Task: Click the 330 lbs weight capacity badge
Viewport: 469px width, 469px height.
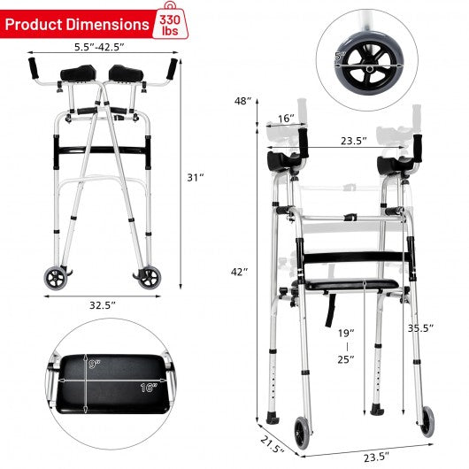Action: [x=170, y=24]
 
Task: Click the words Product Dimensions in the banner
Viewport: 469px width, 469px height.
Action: [x=77, y=24]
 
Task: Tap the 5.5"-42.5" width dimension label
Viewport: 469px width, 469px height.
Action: [x=99, y=47]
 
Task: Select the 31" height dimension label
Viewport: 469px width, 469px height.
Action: [x=196, y=177]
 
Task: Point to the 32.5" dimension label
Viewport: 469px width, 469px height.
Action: [x=103, y=305]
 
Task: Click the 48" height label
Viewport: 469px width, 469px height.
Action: [x=242, y=101]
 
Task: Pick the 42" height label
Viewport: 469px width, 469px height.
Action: [x=239, y=272]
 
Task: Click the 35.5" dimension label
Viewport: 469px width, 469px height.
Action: [x=420, y=328]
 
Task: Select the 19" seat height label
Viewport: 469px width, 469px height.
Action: [x=346, y=333]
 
